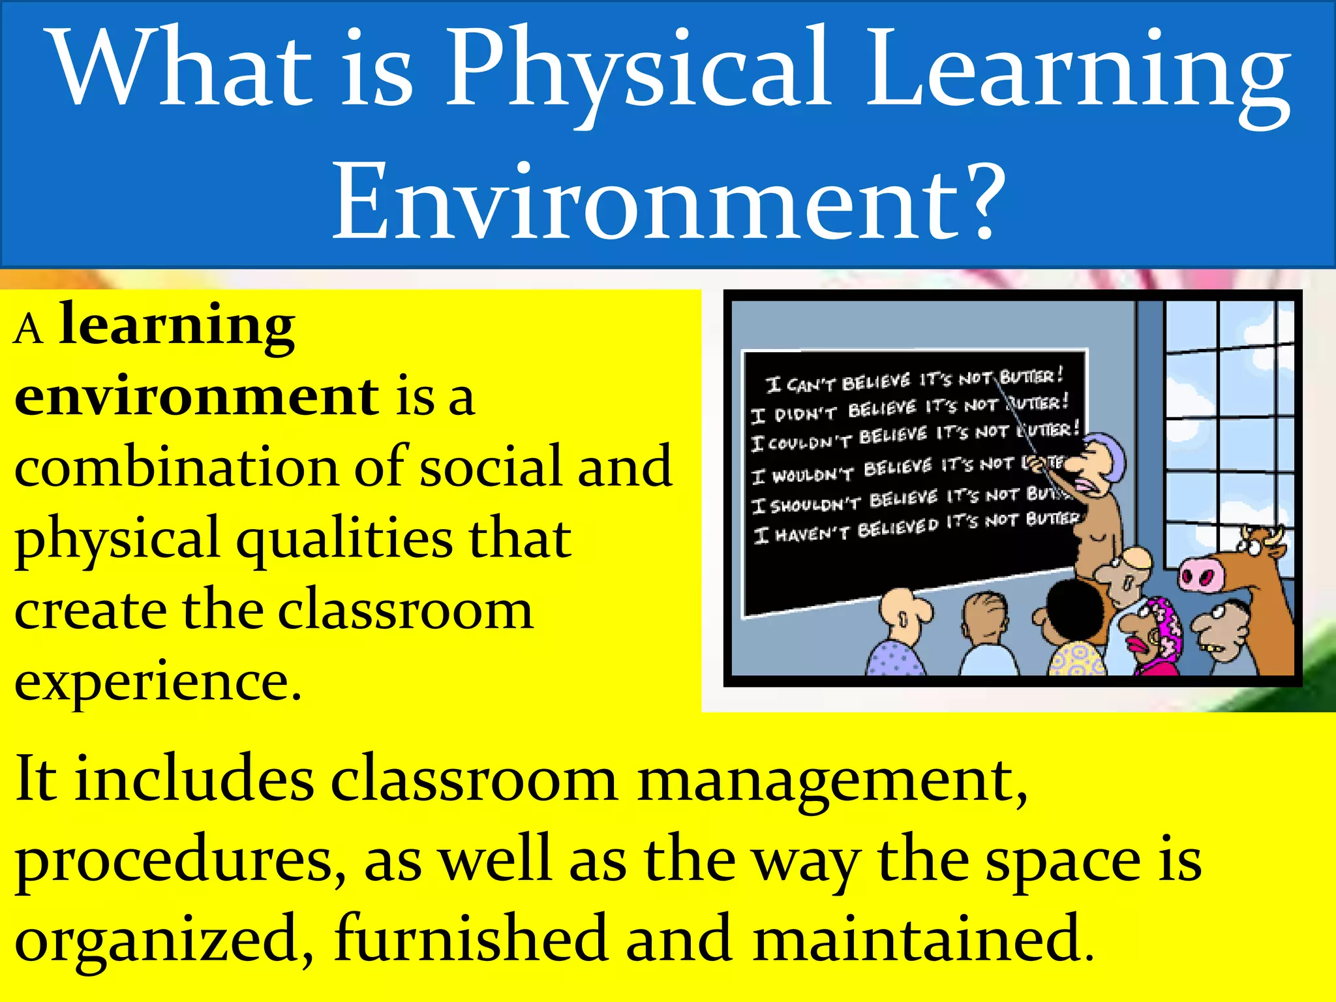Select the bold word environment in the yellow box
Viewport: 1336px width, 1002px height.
(x=196, y=398)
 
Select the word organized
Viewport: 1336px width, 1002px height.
(x=157, y=939)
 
